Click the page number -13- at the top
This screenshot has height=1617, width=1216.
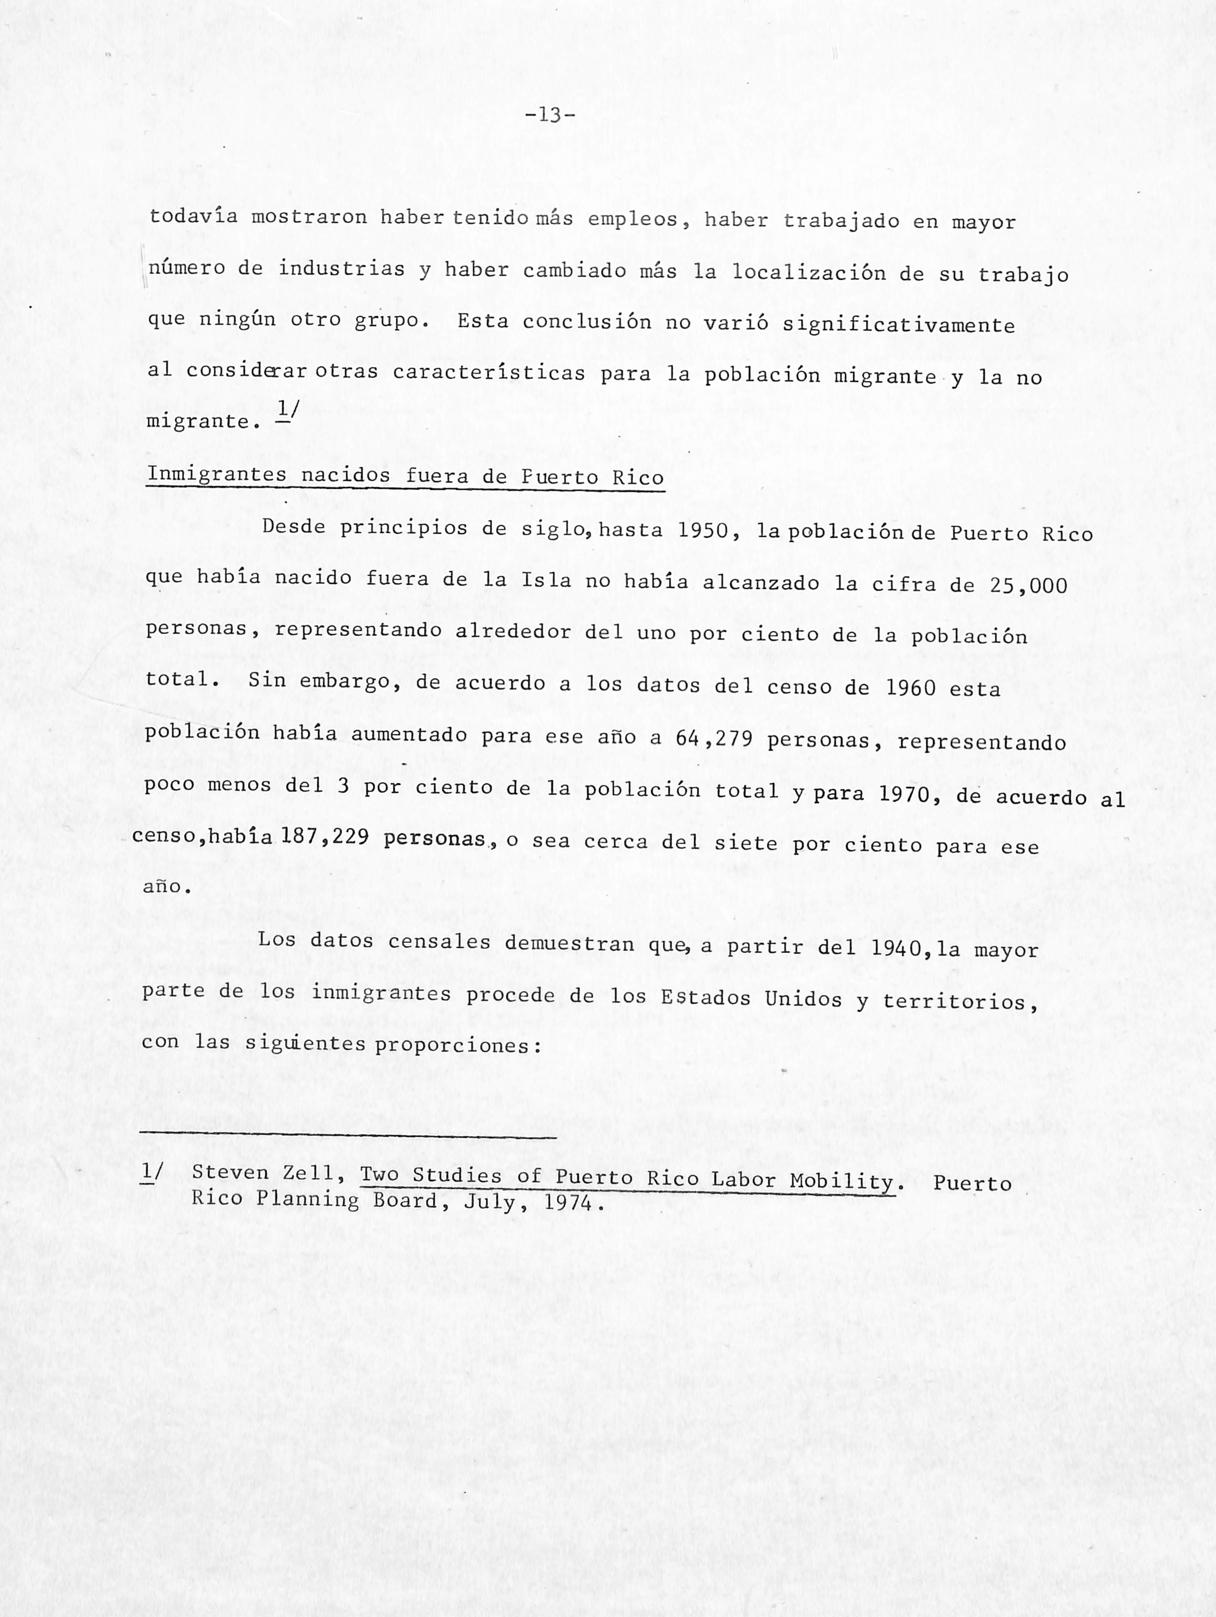550,115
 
